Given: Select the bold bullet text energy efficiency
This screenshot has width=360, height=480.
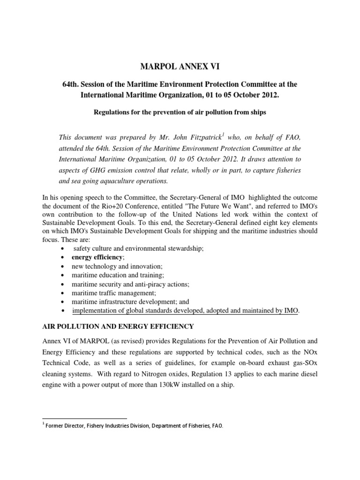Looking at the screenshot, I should click(x=97, y=257).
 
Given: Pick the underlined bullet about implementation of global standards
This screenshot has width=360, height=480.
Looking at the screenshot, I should click(x=185, y=311).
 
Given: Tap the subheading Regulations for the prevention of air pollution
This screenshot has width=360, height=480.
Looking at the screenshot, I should click(x=180, y=112).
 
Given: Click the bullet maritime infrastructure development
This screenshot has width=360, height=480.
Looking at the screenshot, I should click(x=130, y=302).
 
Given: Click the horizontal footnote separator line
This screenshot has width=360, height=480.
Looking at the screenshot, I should click(x=84, y=418).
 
